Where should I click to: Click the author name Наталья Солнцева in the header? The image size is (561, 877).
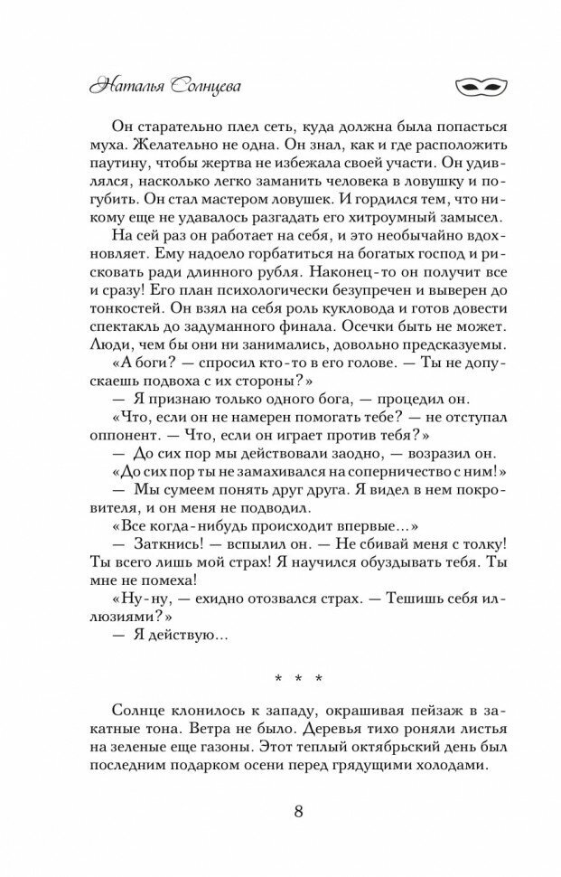pos(164,88)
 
